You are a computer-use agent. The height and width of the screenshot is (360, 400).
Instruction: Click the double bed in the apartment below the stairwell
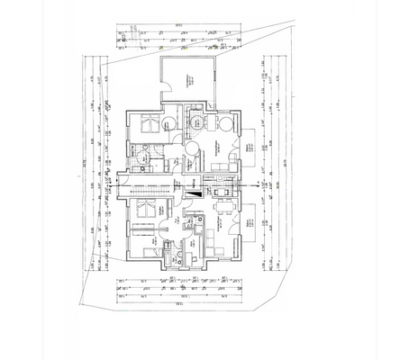[x=143, y=209]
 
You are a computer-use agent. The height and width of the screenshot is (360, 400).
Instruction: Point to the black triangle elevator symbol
[x=193, y=190]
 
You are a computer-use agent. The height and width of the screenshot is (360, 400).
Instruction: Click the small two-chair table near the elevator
[x=222, y=189]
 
